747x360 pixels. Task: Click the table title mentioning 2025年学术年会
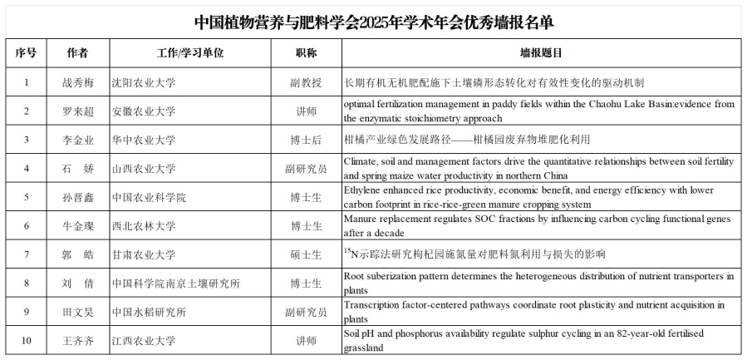pyautogui.click(x=373, y=21)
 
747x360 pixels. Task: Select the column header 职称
pyautogui.click(x=306, y=52)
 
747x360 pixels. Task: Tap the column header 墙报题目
pyautogui.click(x=541, y=52)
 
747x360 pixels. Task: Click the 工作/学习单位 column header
pyautogui.click(x=190, y=52)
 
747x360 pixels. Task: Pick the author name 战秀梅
pyautogui.click(x=76, y=82)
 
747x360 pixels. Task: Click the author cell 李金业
pyautogui.click(x=76, y=139)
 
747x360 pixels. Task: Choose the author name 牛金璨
pyautogui.click(x=76, y=225)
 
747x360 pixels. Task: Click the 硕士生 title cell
pyautogui.click(x=306, y=254)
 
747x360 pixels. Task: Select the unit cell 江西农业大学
pyautogui.click(x=144, y=341)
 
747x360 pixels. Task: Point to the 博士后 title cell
pyautogui.click(x=306, y=139)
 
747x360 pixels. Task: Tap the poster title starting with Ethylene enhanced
pyautogui.click(x=538, y=197)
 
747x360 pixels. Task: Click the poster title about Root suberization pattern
pyautogui.click(x=538, y=284)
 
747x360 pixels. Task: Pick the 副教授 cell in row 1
pyautogui.click(x=306, y=82)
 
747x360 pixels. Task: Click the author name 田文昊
pyautogui.click(x=76, y=312)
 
